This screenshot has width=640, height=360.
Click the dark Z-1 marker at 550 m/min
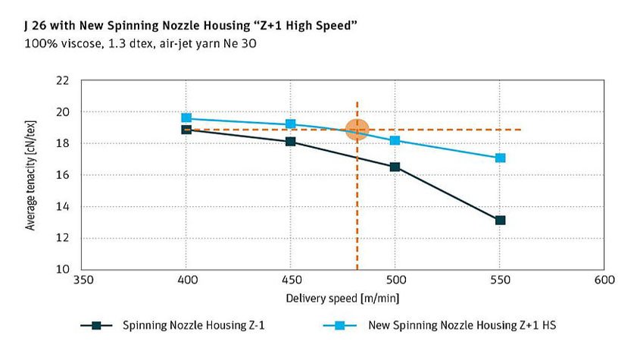point(500,221)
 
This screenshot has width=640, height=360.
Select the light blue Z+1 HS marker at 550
point(500,158)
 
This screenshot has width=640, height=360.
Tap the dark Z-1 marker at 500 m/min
point(395,167)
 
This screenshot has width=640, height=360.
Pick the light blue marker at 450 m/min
point(291,124)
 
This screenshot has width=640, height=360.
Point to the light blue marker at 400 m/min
point(186,118)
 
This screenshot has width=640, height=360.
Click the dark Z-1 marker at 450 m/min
point(291,142)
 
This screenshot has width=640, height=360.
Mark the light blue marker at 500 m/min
point(395,140)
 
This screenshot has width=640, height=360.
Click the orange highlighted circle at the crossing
point(357,130)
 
